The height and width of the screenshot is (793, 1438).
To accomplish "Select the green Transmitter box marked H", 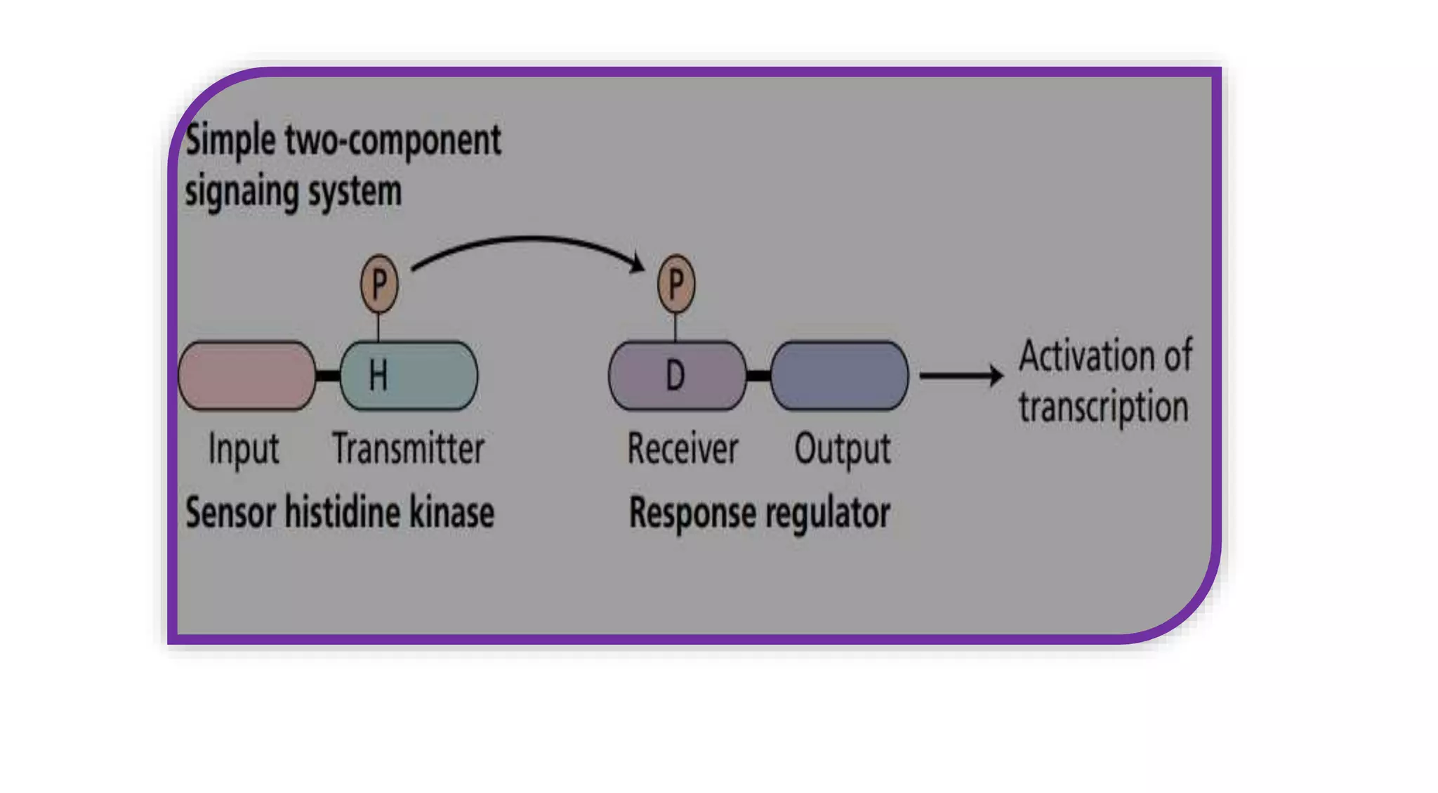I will click(409, 376).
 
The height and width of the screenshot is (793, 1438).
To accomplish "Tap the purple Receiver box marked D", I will click(677, 376).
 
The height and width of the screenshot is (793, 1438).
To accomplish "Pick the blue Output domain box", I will click(839, 376).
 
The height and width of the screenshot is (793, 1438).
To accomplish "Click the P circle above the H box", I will click(379, 284).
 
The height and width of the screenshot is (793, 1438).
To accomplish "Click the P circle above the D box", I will click(676, 284).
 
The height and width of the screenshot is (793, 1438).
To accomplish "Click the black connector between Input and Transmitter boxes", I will click(328, 376).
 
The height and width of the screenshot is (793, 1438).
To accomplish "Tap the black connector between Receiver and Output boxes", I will click(758, 376).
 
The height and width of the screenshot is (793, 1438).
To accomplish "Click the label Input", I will click(244, 450).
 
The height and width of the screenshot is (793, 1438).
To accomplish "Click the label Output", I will click(842, 450).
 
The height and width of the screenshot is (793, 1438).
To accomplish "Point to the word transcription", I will click(1103, 407).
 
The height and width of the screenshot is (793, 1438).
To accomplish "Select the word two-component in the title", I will click(393, 140).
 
